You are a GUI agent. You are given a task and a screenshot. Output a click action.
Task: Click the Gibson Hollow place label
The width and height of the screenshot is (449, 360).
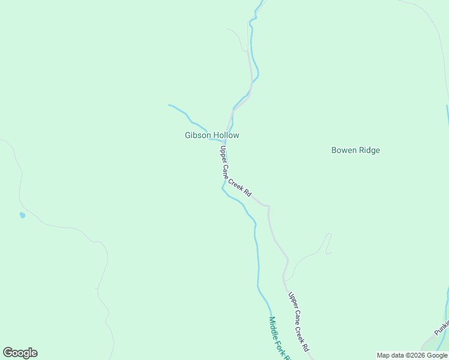(x=212, y=136)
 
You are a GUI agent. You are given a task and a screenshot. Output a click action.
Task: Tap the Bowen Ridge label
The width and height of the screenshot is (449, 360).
(x=355, y=151)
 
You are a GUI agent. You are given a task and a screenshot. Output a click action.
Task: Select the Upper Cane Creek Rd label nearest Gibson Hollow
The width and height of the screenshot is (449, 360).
(x=235, y=172)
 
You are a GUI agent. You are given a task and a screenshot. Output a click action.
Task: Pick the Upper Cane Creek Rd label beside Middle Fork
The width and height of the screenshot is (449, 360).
(x=298, y=322)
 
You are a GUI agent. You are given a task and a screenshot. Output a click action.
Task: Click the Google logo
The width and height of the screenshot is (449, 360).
(x=20, y=353)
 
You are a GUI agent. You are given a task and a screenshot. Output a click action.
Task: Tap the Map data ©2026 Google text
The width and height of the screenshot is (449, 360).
(x=412, y=355)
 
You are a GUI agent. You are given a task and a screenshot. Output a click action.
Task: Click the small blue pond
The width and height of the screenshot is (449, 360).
(x=22, y=215)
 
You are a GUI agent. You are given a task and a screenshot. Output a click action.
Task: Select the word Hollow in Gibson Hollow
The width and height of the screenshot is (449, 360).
(x=226, y=136)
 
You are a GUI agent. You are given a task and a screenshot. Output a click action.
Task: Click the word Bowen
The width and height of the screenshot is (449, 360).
(x=343, y=151)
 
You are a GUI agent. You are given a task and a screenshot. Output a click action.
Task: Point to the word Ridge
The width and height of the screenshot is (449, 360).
(x=369, y=151)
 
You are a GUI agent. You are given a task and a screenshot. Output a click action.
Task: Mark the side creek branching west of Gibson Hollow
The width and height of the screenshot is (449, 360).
(x=184, y=113)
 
